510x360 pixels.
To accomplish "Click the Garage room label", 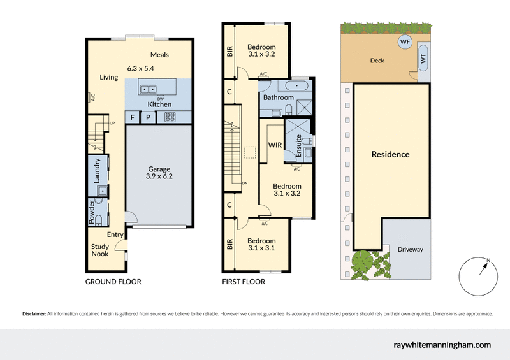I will click(159, 169).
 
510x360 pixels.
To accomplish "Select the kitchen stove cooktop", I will click(171, 117).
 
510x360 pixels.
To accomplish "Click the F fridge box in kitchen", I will click(133, 117).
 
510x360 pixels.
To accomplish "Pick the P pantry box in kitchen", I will click(148, 117).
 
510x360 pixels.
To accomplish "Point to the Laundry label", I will click(98, 171).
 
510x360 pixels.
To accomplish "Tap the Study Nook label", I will click(99, 250).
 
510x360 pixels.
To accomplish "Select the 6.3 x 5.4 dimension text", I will click(141, 68).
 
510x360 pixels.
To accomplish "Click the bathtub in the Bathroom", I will click(297, 85).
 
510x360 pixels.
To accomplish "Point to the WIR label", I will click(275, 145).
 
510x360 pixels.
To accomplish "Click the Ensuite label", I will click(299, 147).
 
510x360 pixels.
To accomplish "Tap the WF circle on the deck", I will click(405, 42).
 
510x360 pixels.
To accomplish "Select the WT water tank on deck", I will click(422, 59).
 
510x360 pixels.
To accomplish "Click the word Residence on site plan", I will click(391, 154).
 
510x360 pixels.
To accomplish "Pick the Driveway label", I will click(410, 249).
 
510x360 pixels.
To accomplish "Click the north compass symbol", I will click(478, 274).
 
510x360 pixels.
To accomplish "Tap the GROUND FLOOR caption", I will click(113, 282).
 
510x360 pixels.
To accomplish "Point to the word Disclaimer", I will click(34, 313).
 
